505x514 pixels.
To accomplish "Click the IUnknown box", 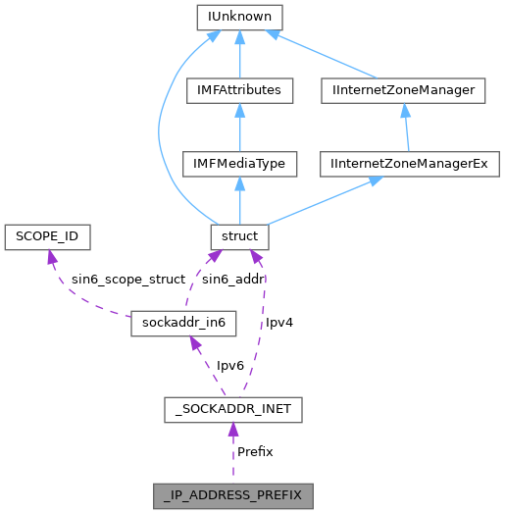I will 240,17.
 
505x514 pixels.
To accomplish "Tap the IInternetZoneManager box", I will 404,90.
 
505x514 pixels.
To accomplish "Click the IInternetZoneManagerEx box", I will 411,164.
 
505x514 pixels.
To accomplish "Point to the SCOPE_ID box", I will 47,236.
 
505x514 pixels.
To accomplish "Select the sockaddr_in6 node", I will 183,323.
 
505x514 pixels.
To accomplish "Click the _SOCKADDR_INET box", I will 232,409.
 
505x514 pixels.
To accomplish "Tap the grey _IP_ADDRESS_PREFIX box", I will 232,495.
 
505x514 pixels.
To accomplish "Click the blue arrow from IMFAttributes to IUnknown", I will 240,54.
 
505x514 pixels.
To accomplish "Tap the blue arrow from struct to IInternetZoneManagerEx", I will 324,201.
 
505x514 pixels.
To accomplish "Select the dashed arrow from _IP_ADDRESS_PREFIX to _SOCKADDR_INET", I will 232,452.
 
